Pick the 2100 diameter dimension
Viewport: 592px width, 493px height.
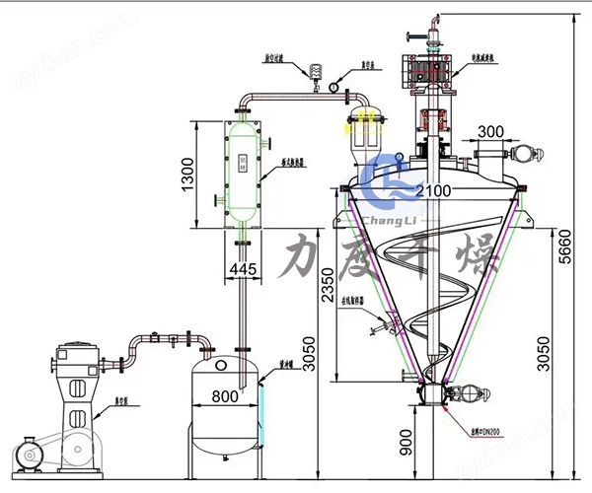pyautogui.click(x=432, y=189)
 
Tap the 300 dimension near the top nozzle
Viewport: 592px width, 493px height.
pyautogui.click(x=493, y=131)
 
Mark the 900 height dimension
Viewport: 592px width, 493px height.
pyautogui.click(x=406, y=446)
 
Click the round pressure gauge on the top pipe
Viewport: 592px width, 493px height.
pyautogui.click(x=335, y=86)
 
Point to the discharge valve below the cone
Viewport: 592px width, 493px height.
pyautogui.click(x=431, y=392)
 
